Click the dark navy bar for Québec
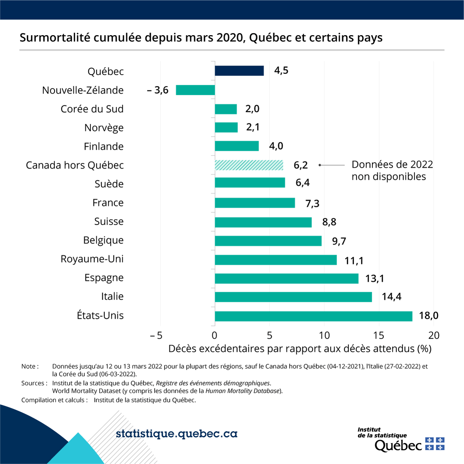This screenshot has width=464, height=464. pos(239,71)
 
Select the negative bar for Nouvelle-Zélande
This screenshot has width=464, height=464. pos(195,90)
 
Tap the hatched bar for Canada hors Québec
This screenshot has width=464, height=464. pos(249,165)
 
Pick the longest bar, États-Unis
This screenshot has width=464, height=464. pos(314,316)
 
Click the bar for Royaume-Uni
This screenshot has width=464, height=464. pos(276,260)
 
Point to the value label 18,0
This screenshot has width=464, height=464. pos(428,316)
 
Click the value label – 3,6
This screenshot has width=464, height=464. pos(158,90)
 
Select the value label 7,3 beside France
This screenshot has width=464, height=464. pos(312,203)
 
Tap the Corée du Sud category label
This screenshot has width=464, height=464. pos(92,109)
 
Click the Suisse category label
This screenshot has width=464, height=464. pos(109,222)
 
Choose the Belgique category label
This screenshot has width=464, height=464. pos(103,240)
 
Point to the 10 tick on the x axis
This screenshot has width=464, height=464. pos(324,335)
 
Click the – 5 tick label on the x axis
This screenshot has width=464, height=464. pos(156,335)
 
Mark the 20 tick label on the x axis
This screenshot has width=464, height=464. pos(433,335)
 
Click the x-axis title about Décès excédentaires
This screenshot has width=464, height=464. pos(300,349)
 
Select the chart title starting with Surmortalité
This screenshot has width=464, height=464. pos(201,38)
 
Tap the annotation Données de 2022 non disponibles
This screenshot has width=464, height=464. pos(392,171)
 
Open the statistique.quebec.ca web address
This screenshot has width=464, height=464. pos(176,434)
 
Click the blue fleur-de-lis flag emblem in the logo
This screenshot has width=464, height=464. pos(435,444)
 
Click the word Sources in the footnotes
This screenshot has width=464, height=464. pos(33,383)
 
